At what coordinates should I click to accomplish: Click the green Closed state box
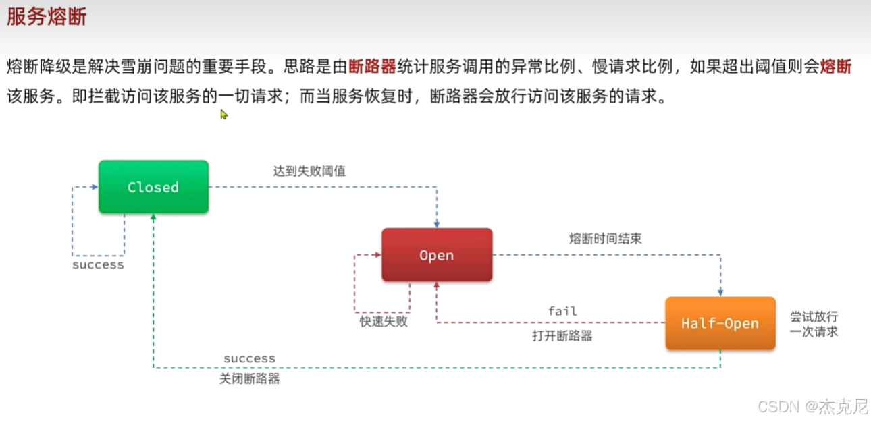click(153, 187)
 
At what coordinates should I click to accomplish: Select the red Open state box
click(437, 255)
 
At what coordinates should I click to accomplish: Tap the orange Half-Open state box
click(720, 323)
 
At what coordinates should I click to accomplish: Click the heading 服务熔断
click(47, 17)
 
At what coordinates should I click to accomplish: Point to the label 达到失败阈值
click(309, 171)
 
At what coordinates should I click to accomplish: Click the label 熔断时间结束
click(606, 239)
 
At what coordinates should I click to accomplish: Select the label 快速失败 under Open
click(384, 322)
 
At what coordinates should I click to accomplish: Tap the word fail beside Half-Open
click(562, 311)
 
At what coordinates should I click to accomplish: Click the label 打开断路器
click(562, 335)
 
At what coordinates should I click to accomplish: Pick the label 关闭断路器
click(249, 378)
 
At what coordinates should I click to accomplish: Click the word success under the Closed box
click(98, 265)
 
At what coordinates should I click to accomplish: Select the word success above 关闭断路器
click(249, 358)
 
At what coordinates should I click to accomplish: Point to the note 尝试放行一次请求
click(814, 324)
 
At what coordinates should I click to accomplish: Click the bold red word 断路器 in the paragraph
click(373, 66)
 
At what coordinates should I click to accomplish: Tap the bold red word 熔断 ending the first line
click(835, 66)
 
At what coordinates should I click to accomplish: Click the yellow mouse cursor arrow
click(223, 114)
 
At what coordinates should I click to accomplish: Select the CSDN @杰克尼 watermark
click(812, 406)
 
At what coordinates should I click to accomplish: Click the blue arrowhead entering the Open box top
click(437, 224)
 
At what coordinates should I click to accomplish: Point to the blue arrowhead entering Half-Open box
click(720, 292)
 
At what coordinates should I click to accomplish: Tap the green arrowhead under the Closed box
click(154, 218)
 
